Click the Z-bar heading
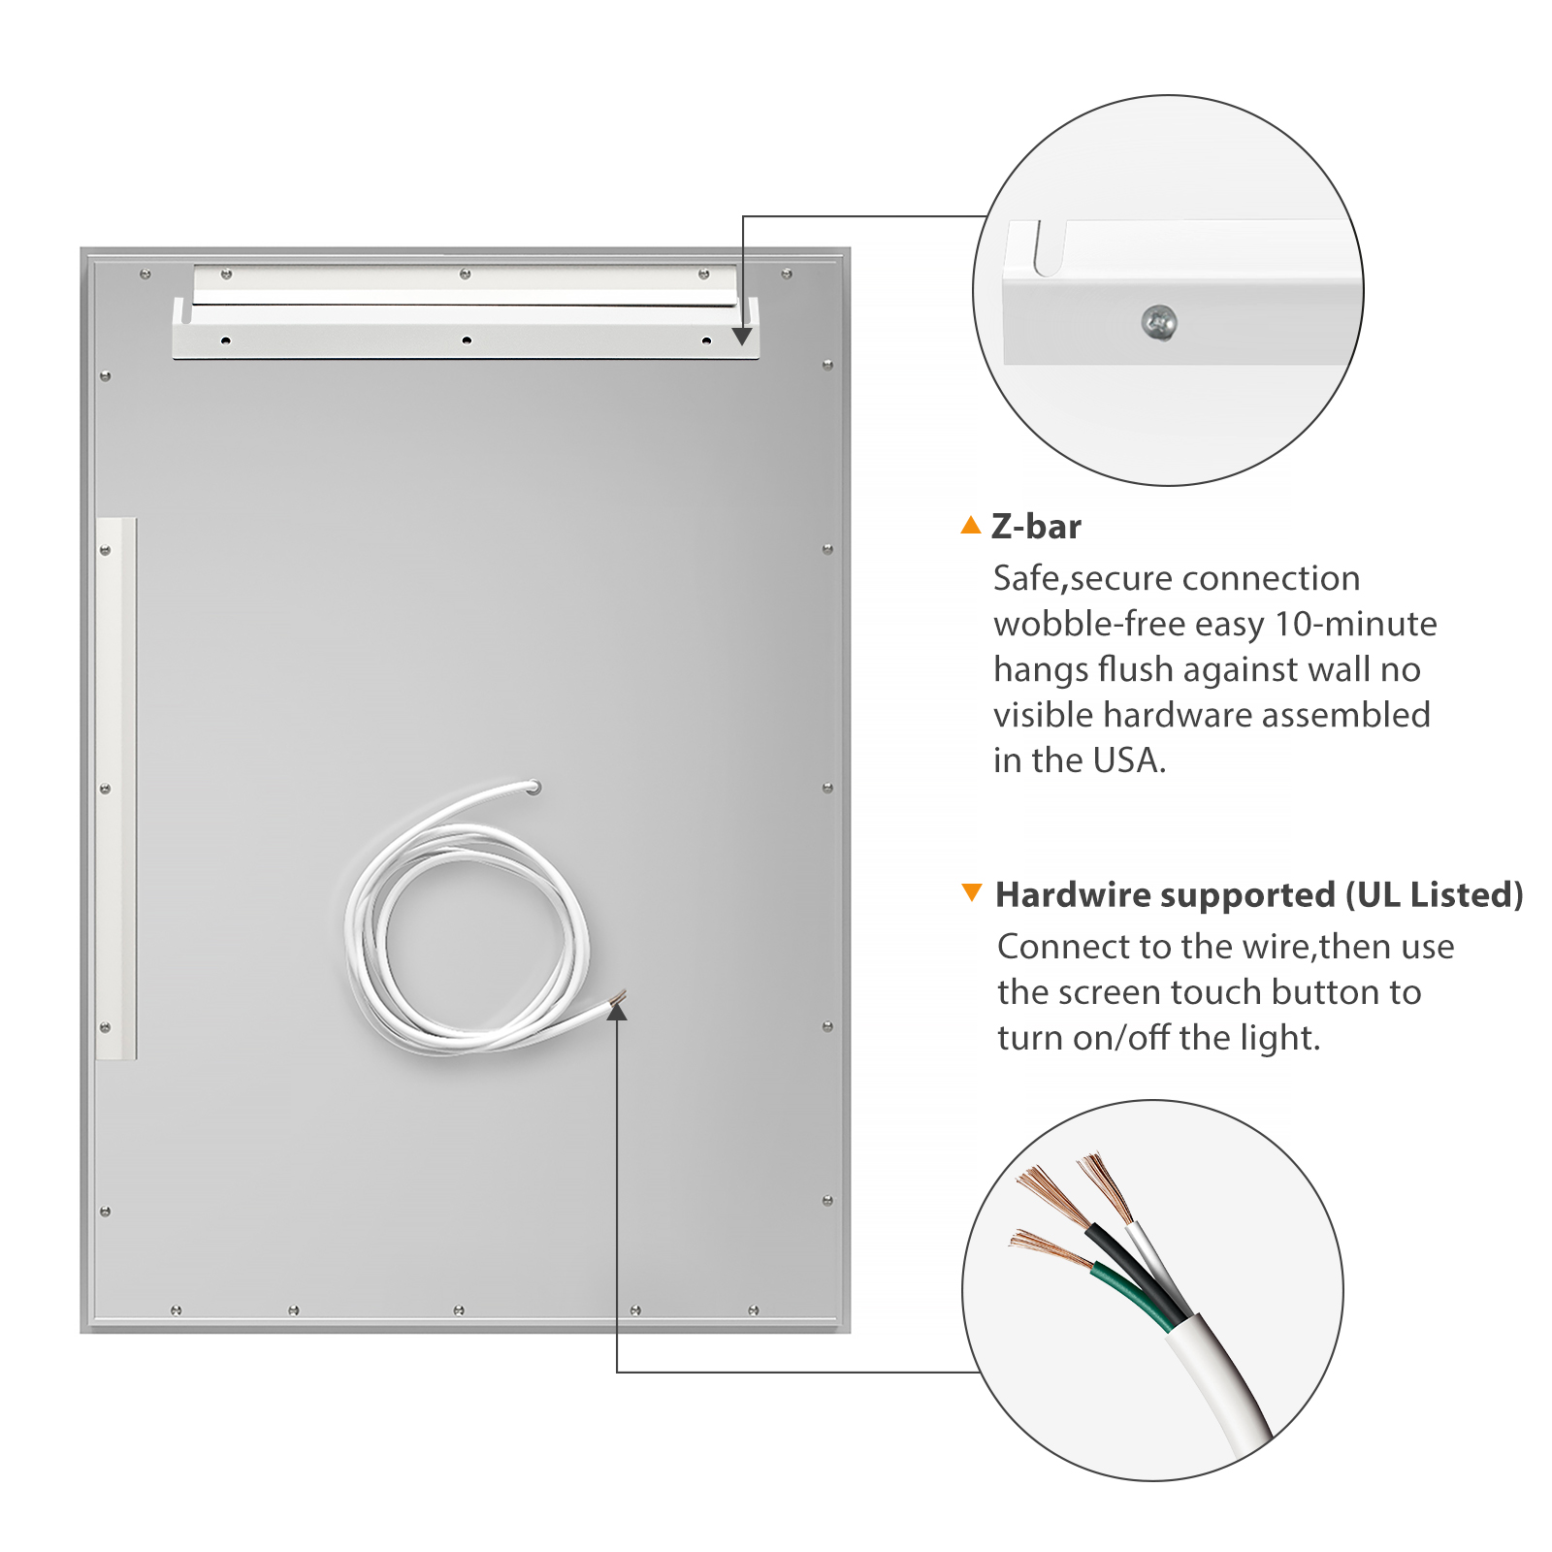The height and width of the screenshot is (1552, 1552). click(x=1036, y=527)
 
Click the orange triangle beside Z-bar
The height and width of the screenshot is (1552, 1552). click(x=971, y=525)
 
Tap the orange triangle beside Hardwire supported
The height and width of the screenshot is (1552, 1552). click(x=971, y=892)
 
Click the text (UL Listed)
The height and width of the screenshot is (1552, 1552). click(x=1435, y=894)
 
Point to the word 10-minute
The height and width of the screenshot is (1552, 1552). click(x=1356, y=624)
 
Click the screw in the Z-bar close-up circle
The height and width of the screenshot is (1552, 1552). click(x=1159, y=322)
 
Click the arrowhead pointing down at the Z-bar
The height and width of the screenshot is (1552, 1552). click(x=742, y=336)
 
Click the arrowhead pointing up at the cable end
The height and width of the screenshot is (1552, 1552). click(x=617, y=1011)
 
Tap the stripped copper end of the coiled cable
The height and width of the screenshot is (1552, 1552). click(x=618, y=996)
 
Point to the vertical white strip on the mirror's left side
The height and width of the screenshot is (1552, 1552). click(x=116, y=789)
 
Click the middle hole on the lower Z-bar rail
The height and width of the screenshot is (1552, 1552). click(x=467, y=340)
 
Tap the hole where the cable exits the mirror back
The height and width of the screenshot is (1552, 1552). click(x=533, y=788)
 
